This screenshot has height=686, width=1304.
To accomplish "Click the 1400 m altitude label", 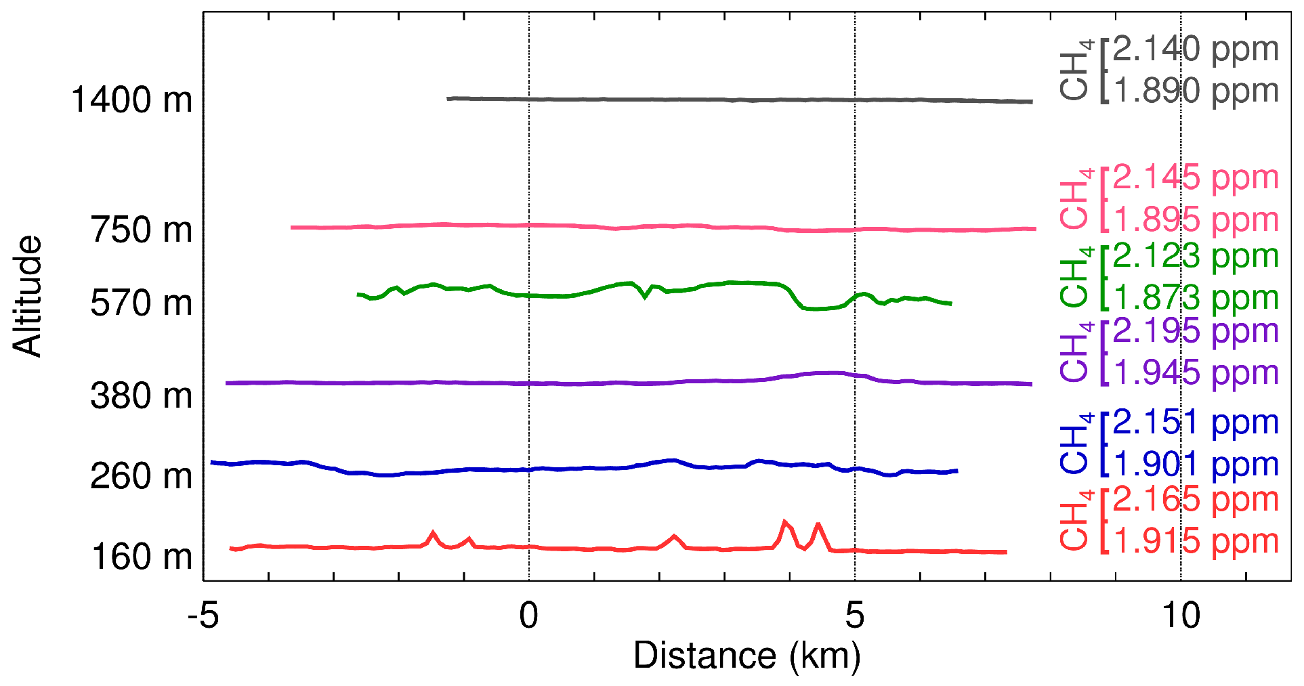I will [x=131, y=100].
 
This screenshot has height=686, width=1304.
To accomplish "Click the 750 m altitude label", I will [x=142, y=230].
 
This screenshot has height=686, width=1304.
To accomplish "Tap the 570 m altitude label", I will [x=142, y=303].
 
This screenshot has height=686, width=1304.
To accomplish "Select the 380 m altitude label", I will [x=142, y=395].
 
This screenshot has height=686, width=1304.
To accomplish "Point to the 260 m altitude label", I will [x=142, y=476].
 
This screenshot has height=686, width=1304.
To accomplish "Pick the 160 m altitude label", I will [x=142, y=557].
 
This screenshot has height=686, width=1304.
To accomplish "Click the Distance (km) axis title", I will [x=746, y=656].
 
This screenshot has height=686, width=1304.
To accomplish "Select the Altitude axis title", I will [x=27, y=296].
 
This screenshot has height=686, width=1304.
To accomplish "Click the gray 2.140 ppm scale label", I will [x=1196, y=49].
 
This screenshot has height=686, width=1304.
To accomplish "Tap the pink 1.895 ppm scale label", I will [x=1196, y=220].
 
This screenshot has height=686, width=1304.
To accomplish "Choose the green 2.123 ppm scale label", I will [x=1196, y=256].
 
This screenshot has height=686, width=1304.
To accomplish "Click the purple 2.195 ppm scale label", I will [x=1196, y=331].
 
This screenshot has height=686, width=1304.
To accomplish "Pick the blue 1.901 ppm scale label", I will [x=1196, y=465].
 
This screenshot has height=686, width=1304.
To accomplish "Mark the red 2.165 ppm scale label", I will [x=1196, y=500].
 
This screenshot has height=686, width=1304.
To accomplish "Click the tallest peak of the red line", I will [x=784, y=522].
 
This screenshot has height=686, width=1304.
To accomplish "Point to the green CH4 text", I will [x=1076, y=277].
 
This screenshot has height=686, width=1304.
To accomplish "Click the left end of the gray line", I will [x=448, y=99].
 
